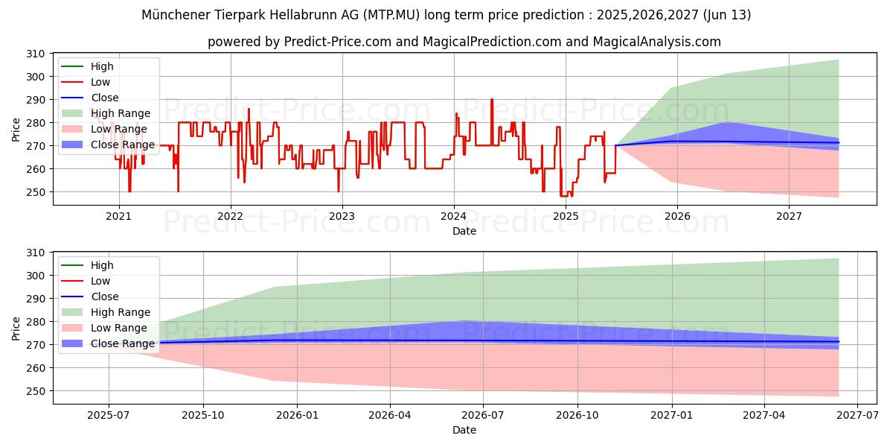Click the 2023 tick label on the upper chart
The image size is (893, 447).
342,217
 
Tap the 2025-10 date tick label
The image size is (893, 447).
203,416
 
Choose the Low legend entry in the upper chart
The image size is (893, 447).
100,82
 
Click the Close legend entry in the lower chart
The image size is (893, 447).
104,297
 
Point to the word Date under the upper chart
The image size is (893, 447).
464,231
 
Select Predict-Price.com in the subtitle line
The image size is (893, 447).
337,42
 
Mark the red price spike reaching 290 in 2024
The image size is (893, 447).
492,100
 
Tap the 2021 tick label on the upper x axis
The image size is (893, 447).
118,217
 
